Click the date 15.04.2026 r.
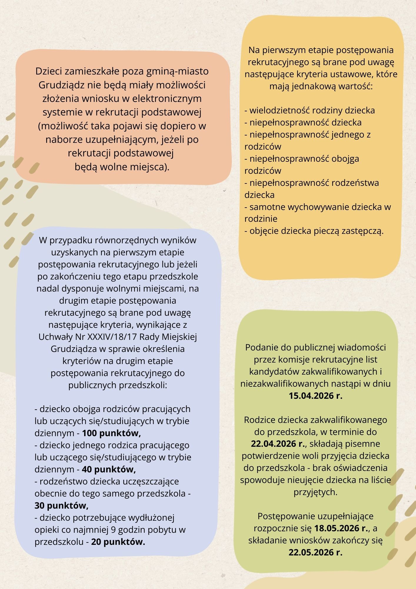315,396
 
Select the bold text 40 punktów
109,469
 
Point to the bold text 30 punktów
61,506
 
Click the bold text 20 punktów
118,542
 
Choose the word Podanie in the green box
261,348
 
